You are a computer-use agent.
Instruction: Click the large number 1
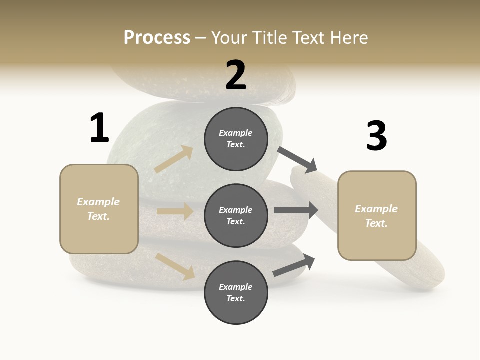pos(99,128)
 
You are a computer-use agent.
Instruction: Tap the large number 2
pos(236,75)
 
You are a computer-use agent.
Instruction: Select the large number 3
pos(376,136)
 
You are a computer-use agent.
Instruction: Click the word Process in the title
pos(157,37)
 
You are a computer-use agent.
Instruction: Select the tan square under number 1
pos(99,209)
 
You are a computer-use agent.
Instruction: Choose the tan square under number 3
pos(377,216)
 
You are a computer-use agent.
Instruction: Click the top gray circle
pos(236,139)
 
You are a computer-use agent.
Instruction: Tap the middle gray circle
pos(236,215)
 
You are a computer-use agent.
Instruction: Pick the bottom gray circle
pos(236,292)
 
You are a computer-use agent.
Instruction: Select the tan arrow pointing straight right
pos(175,211)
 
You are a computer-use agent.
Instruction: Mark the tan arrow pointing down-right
pos(175,266)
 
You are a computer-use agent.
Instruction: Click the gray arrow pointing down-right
pos(298,159)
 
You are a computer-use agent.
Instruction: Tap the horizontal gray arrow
pos(296,210)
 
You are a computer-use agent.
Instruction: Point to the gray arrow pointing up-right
pos(294,266)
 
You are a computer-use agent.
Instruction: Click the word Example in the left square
pos(98,202)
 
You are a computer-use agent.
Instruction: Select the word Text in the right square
pos(376,223)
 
